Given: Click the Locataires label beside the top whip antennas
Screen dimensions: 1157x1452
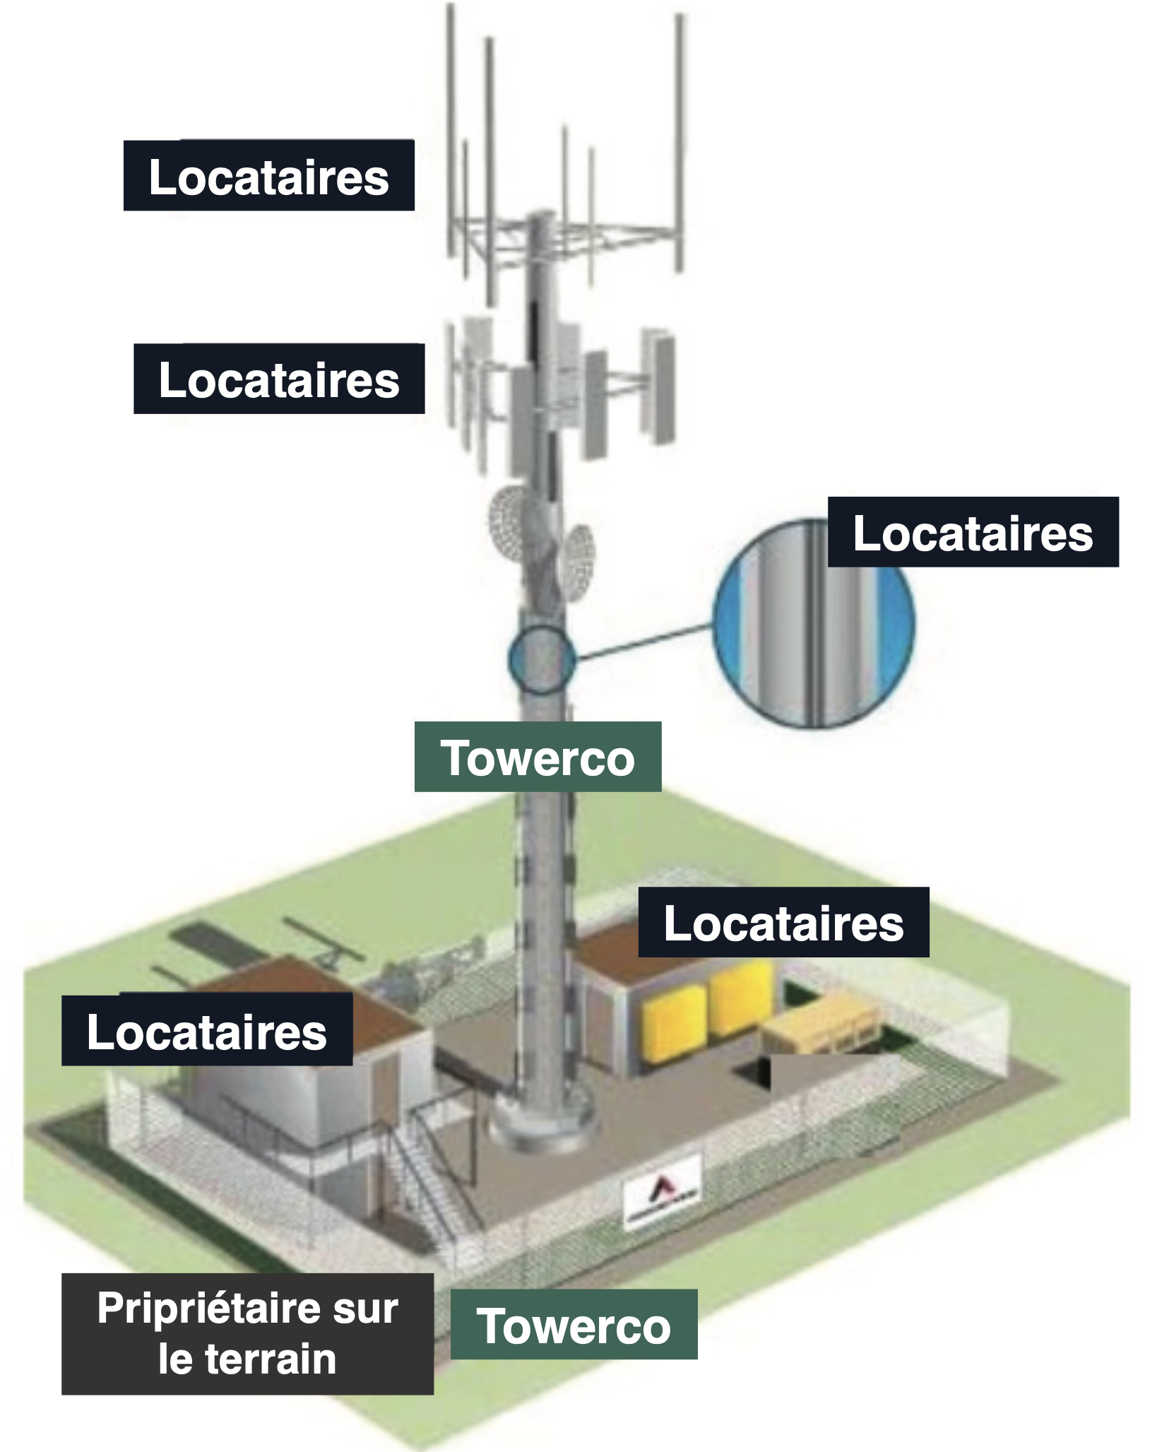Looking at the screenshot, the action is (x=268, y=175).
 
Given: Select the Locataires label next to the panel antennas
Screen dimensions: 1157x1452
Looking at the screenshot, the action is (x=279, y=379).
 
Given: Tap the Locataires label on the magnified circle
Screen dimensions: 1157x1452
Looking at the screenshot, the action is (x=973, y=532).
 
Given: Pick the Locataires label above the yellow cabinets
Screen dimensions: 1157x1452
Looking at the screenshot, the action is (x=783, y=923).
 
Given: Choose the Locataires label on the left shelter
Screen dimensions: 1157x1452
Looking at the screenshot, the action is (x=207, y=1031).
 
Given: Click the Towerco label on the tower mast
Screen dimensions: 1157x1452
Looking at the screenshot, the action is (x=538, y=757).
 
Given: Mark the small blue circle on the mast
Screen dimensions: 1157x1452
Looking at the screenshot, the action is (x=542, y=659).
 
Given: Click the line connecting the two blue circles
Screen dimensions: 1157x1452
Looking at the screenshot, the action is (x=644, y=642).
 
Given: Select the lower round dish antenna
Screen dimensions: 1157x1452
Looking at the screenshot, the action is (x=576, y=560).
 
